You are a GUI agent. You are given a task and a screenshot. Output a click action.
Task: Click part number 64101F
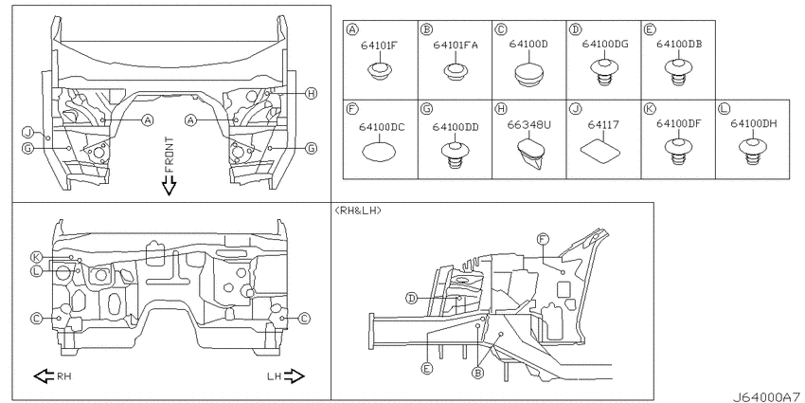point(379,46)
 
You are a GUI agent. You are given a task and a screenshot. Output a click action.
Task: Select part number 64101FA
point(456,46)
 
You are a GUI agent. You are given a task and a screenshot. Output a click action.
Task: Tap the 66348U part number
point(528,124)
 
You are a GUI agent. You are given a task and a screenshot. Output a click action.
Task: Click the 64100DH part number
point(753,124)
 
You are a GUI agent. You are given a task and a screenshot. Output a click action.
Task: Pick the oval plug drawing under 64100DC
point(379,152)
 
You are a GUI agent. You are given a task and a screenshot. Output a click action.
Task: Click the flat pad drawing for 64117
point(599,152)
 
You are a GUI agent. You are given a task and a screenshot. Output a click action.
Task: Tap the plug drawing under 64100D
point(528,76)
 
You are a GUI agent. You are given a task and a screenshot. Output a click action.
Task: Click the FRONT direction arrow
point(169,186)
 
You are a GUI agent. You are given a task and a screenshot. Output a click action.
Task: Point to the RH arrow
point(45,376)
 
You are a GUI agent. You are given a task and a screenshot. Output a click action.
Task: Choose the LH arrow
point(294,376)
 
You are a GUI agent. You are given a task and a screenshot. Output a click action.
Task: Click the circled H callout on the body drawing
point(310,93)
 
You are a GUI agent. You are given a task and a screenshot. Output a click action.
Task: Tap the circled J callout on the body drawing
point(27,133)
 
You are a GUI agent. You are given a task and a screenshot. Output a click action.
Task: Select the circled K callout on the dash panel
point(36,257)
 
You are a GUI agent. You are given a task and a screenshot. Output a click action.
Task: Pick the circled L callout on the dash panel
point(36,271)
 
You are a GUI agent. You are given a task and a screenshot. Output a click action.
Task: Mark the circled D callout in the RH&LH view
point(411,298)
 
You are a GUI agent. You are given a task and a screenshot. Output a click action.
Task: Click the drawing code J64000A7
point(765,396)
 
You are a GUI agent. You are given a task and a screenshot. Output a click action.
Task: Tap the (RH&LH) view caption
point(358,211)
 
